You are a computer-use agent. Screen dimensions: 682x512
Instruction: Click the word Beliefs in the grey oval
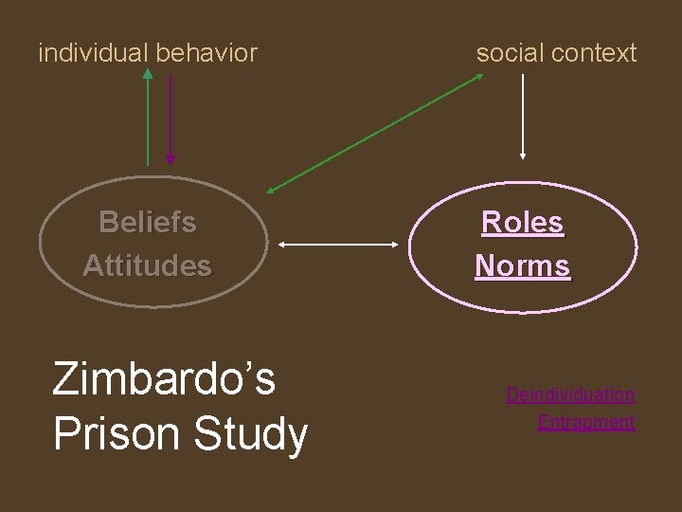(x=148, y=222)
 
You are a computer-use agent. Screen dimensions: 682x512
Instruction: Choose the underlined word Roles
(x=522, y=222)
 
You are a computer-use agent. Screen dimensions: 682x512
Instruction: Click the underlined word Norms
(x=522, y=265)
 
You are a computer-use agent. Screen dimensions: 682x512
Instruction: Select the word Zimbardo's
(x=164, y=378)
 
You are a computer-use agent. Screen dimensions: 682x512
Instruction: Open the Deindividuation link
(x=570, y=394)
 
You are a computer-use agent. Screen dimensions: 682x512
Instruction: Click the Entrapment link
(x=585, y=422)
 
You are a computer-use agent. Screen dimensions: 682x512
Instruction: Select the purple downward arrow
(x=170, y=119)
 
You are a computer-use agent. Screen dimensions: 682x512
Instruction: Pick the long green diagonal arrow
(x=375, y=133)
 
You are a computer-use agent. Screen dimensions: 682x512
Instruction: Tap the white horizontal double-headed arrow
(x=339, y=245)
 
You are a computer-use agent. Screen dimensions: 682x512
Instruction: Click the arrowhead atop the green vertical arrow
(x=148, y=73)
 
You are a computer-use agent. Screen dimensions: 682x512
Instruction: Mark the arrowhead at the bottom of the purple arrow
(x=170, y=160)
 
